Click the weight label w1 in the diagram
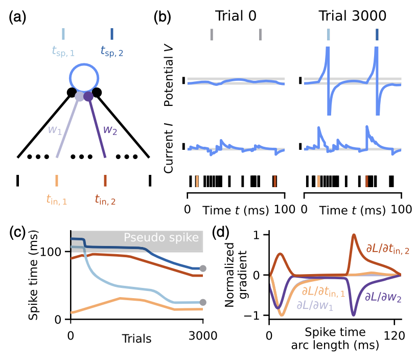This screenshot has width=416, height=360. click(x=56, y=129)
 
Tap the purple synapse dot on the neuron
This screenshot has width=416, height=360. click(x=88, y=96)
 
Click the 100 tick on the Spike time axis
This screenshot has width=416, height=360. click(x=56, y=252)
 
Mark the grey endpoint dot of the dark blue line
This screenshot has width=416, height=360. click(x=203, y=268)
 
